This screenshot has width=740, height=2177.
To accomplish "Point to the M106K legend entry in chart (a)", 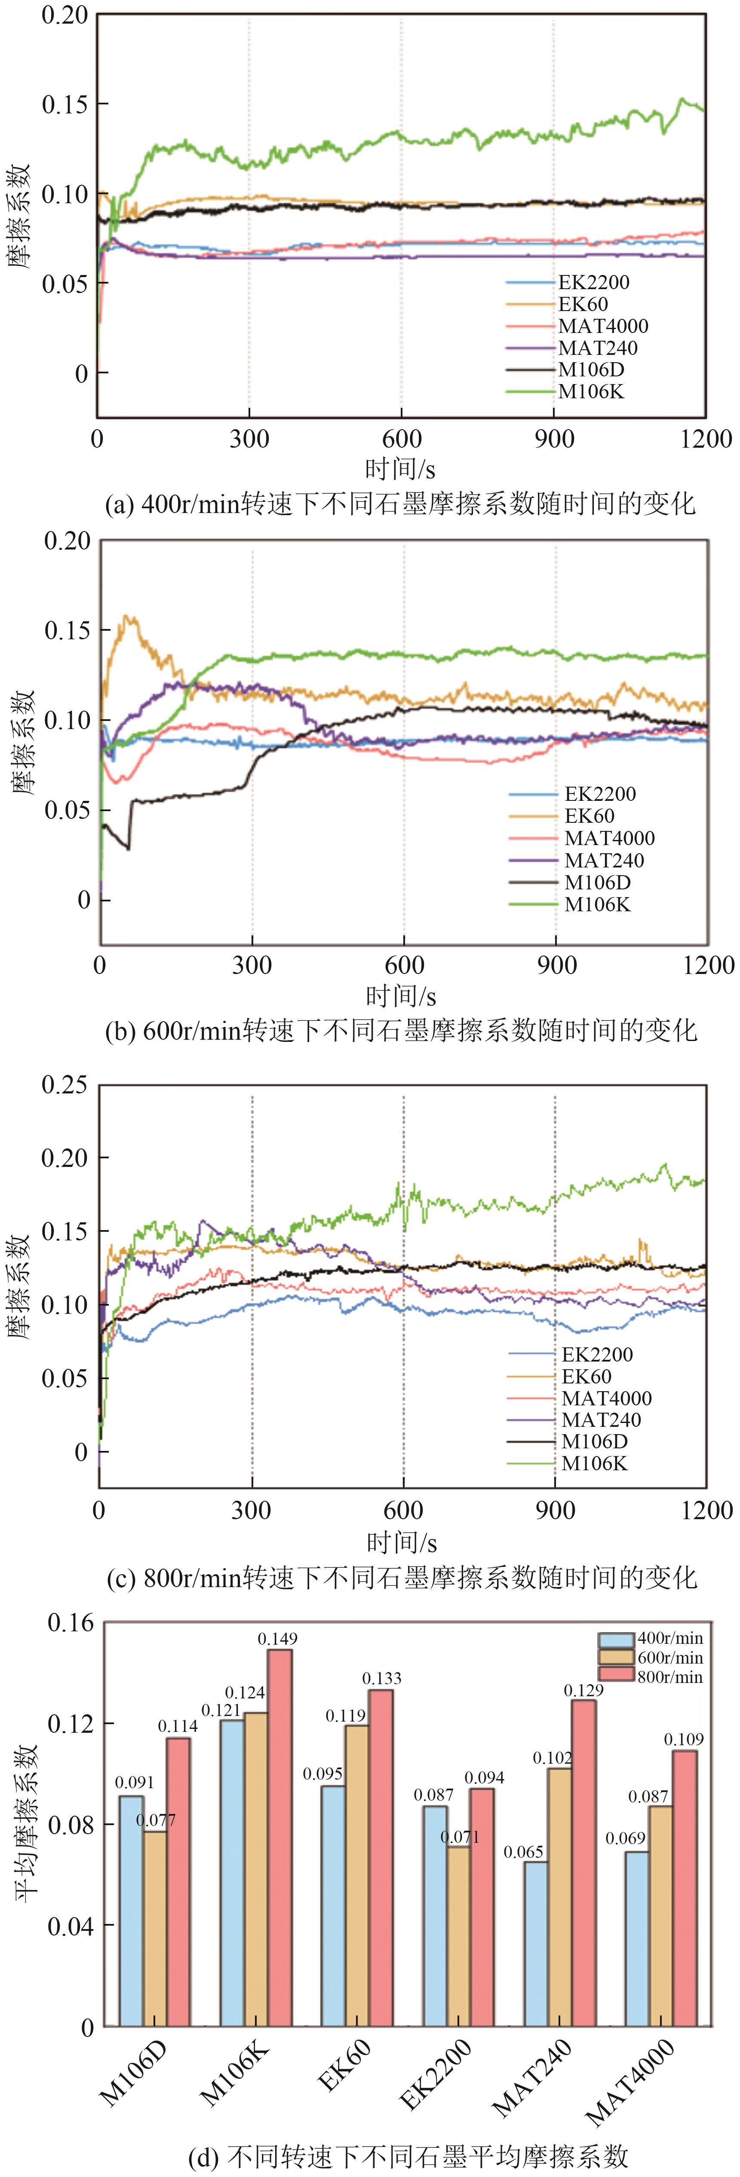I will point(590,391).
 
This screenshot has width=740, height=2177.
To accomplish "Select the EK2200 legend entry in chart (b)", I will point(600,794).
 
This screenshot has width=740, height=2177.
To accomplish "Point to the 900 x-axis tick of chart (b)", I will point(556,965).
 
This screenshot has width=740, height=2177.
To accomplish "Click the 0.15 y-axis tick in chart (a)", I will point(65,104).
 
